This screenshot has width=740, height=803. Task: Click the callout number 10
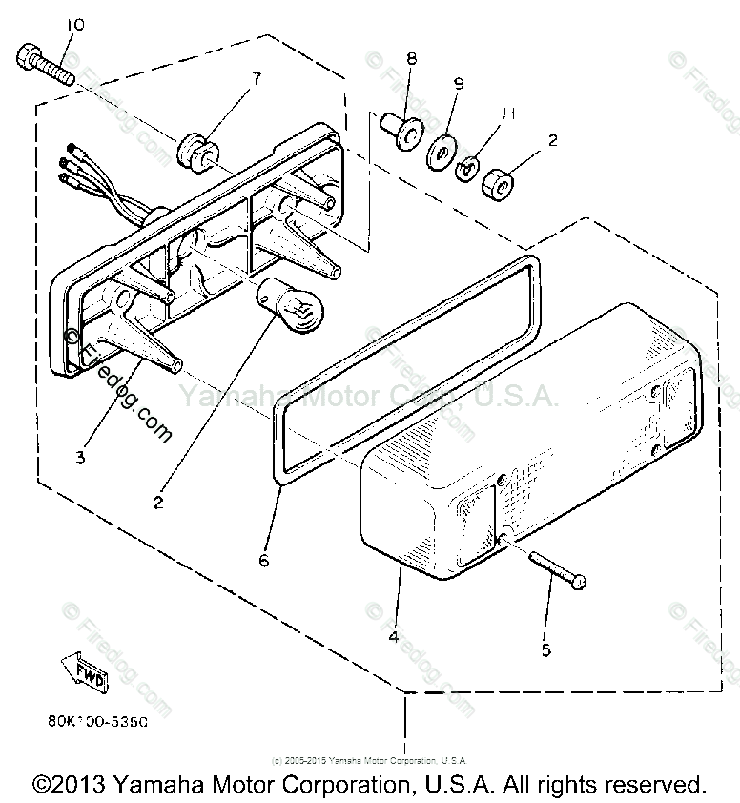[76, 24]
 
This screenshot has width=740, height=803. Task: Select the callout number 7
[256, 77]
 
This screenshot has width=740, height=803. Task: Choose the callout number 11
[508, 113]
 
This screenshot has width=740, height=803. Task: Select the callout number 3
[81, 457]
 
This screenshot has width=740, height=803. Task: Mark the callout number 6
[264, 560]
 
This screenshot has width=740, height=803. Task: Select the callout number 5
[546, 650]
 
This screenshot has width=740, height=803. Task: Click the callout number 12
[548, 140]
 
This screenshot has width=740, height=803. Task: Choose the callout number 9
[459, 84]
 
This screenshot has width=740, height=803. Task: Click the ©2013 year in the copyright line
[71, 784]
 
